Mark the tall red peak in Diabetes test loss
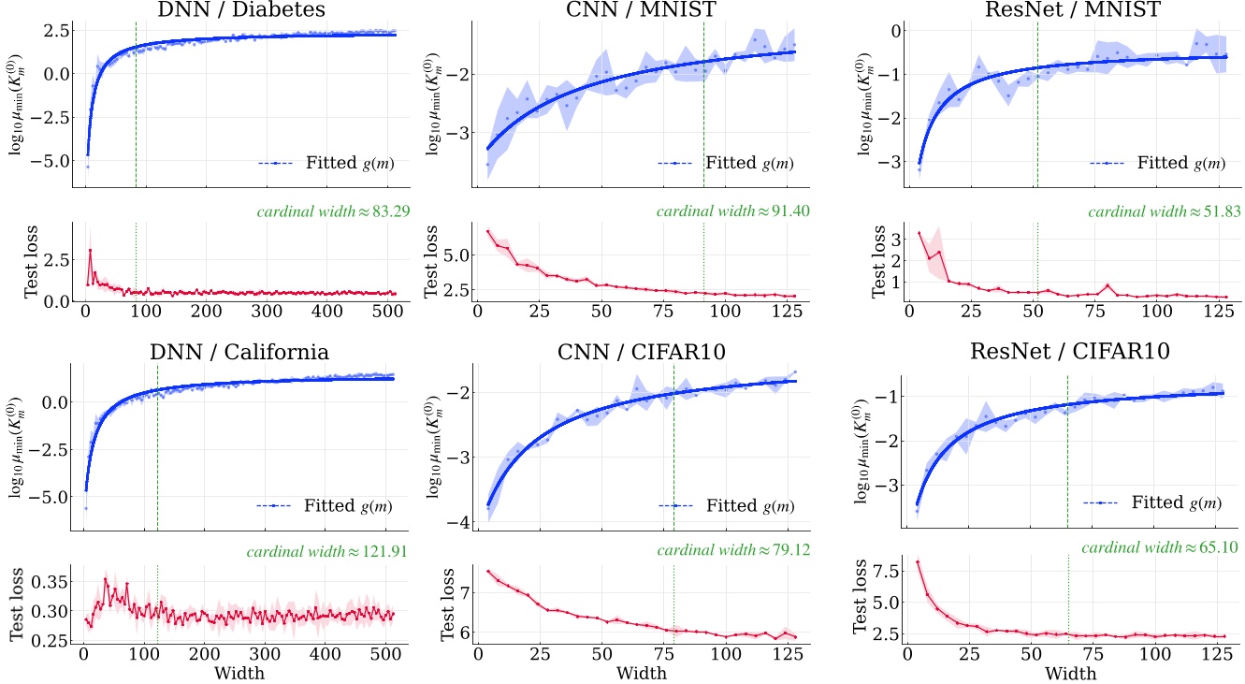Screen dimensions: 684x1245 [x=90, y=250]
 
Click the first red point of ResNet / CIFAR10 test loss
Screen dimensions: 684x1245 [x=918, y=562]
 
